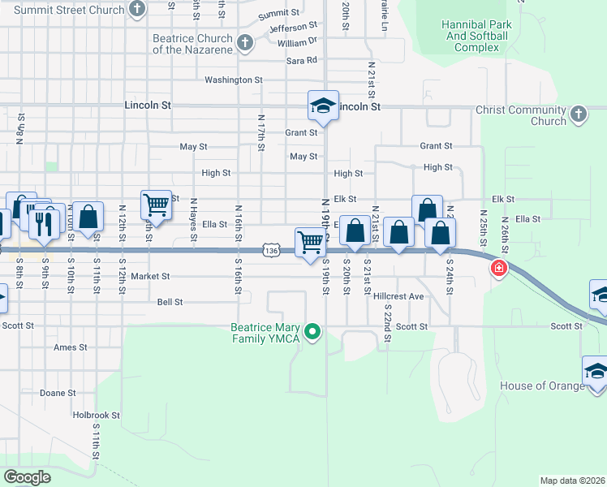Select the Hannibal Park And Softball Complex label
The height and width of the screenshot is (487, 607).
pos(476,36)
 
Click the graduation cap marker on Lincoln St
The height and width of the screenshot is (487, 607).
pos(322,106)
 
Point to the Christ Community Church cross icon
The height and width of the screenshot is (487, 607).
pos(579,113)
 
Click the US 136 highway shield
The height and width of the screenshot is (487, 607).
pos(272,252)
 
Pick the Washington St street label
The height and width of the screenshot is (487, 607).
pos(233,80)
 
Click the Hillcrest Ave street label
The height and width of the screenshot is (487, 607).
pos(398,297)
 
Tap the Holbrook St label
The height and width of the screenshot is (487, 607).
pos(96,415)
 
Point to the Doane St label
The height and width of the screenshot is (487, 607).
pos(58,393)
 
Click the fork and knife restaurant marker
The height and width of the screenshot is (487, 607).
pos(45,221)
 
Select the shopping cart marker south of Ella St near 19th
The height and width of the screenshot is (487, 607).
pos(311,243)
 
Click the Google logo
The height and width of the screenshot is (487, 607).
pos(27,477)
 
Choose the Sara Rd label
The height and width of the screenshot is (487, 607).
pos(301,60)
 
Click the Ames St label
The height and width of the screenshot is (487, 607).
pos(70,347)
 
